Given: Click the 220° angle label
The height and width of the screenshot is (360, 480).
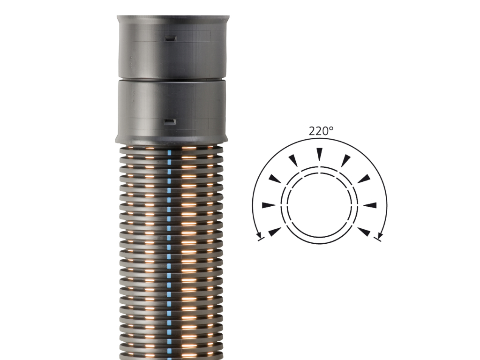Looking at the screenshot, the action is pos(321,131).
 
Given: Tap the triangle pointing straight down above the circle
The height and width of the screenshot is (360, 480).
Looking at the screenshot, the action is pos(319,154).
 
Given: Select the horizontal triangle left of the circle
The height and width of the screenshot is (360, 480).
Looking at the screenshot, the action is pos(269,205).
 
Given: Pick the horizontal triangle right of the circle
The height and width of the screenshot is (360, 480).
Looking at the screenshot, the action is pos(370,205).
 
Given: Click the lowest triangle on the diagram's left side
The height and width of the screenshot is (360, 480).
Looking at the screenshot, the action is pos(275,232).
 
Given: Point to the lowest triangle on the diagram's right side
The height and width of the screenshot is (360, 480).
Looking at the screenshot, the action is pos(364,232).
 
